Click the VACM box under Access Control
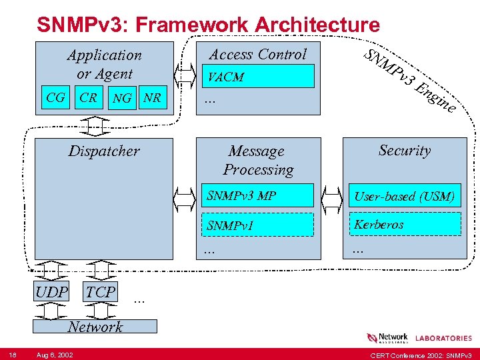[258, 77]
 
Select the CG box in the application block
[55, 98]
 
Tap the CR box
[88, 98]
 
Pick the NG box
[122, 98]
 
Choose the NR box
[153, 98]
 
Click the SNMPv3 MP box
[258, 196]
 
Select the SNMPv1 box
[258, 225]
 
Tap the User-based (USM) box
[405, 196]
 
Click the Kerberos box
[405, 224]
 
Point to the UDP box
[52, 292]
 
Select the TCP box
[101, 292]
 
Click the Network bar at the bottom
[95, 326]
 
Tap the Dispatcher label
[104, 151]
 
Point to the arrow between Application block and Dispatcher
[97, 125]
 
